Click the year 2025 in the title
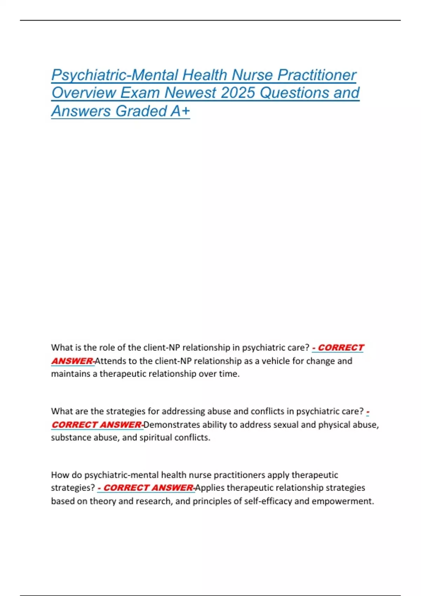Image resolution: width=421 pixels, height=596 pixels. tap(238, 93)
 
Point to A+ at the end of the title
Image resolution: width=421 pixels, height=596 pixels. tap(180, 111)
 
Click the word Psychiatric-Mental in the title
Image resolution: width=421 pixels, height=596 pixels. tap(114, 75)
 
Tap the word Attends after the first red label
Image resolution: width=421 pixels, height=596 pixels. tap(111, 361)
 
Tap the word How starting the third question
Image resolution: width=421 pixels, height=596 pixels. tap(59, 475)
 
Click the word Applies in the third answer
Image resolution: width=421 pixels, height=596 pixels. tap(209, 488)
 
